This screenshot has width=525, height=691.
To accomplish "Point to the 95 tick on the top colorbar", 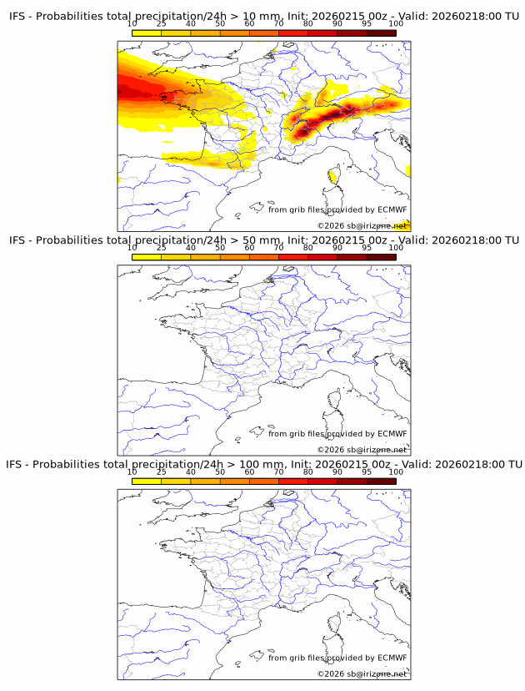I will [x=367, y=24].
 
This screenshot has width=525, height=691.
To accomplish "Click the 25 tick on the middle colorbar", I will [x=162, y=248].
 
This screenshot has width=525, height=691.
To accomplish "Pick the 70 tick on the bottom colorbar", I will [x=279, y=472].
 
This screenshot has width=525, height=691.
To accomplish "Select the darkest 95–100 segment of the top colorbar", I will [x=382, y=33].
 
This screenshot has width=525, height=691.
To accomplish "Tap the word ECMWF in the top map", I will [x=392, y=209].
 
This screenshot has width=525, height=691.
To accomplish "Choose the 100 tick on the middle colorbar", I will [x=396, y=248].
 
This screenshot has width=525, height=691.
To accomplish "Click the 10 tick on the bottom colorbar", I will [x=132, y=472].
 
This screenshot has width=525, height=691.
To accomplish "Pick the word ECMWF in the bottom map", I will [x=392, y=658].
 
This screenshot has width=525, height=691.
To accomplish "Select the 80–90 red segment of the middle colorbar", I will [x=322, y=256].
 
